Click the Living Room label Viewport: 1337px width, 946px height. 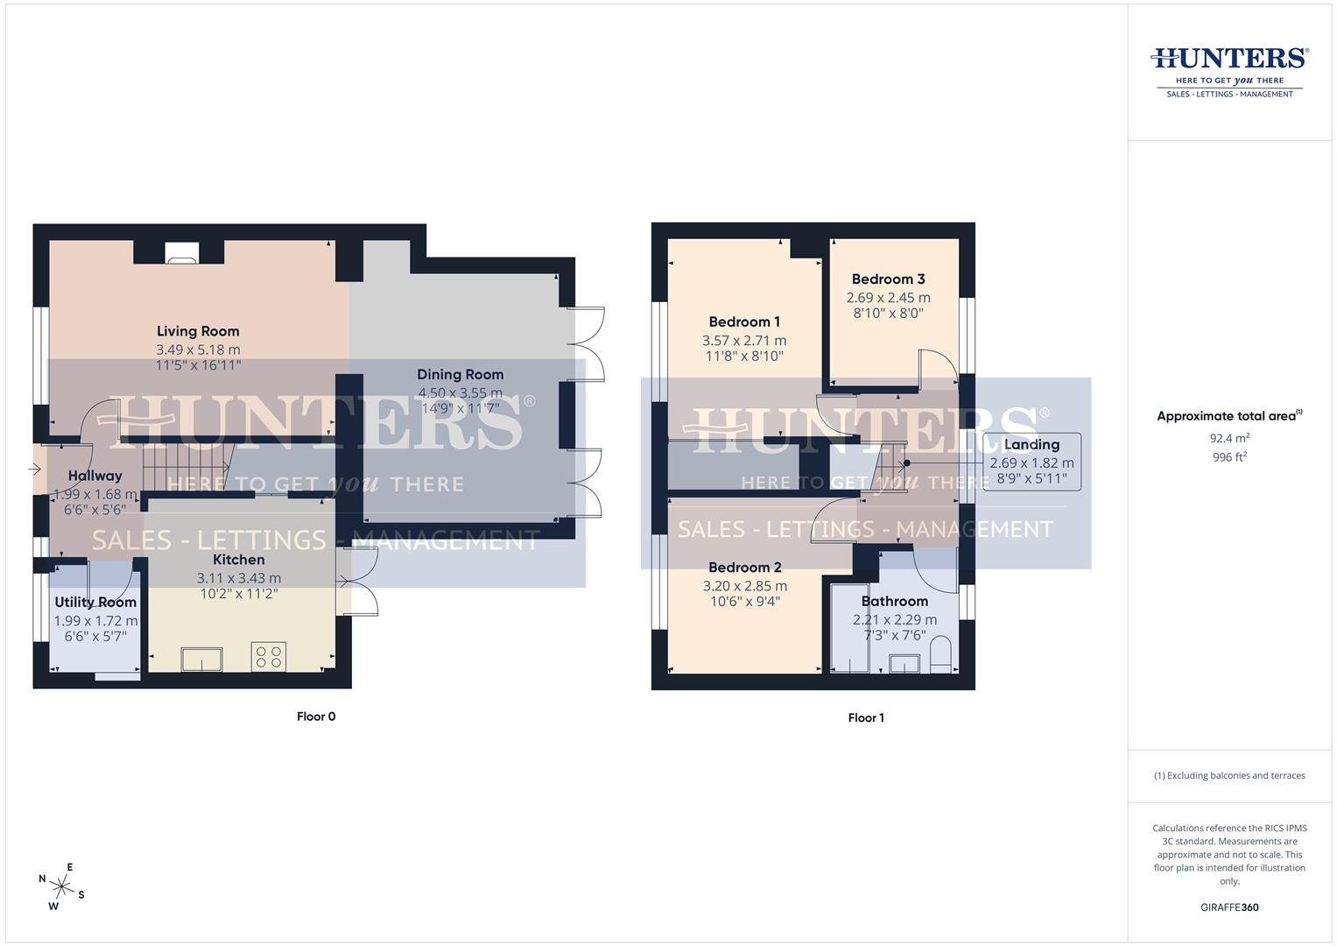[198, 331]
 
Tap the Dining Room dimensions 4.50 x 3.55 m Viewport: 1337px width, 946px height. [460, 393]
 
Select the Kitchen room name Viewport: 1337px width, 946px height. [238, 560]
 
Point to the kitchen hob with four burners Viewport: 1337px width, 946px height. [269, 658]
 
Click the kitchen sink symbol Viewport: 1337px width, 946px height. [201, 659]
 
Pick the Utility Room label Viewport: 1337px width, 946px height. [95, 603]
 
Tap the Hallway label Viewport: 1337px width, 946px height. [95, 476]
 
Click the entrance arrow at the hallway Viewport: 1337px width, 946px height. [35, 469]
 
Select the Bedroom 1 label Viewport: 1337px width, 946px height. [744, 321]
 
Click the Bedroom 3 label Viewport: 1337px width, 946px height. [888, 279]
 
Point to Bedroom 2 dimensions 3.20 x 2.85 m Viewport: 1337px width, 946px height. [744, 586]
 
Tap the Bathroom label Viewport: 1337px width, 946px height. [894, 601]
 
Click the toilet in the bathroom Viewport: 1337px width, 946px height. [940, 656]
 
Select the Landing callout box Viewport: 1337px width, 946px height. [1031, 462]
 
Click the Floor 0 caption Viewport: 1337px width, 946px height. [316, 717]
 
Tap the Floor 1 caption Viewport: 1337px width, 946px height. [866, 717]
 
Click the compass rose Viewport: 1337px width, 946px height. [61, 886]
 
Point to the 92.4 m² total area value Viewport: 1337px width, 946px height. [1229, 438]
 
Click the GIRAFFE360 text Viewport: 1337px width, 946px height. [1229, 907]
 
